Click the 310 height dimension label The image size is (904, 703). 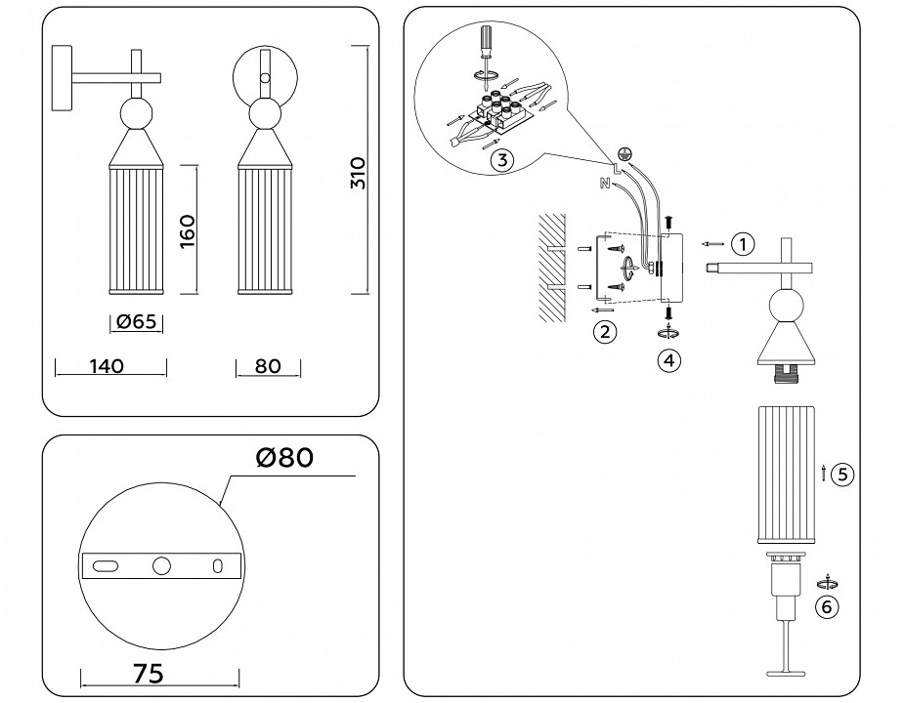pos(358,173)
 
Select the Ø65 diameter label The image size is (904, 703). pos(137,321)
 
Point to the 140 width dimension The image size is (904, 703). pos(106,367)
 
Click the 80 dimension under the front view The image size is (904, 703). pos(268,367)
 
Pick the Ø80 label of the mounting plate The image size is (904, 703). pos(285,457)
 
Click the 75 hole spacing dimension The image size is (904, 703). pos(147,673)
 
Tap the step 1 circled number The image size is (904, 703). pos(744,243)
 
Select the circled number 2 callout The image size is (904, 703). pos(605,332)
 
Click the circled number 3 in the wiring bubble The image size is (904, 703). pos(499,161)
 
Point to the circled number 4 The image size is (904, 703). pos(668,360)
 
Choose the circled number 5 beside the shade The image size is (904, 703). pos(844,474)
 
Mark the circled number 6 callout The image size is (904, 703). pos(827,607)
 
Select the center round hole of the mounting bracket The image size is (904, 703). pos(162,565)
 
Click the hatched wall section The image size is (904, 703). pos(552,269)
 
